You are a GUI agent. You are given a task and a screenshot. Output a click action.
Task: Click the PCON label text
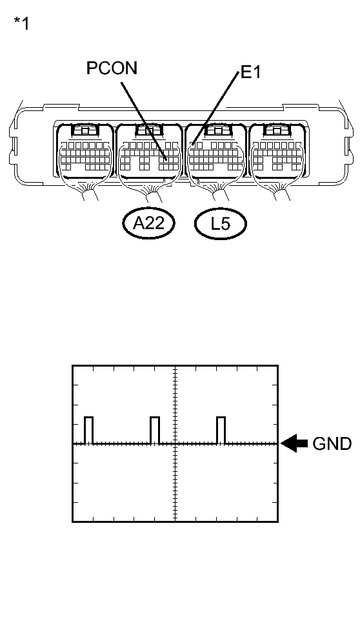112,68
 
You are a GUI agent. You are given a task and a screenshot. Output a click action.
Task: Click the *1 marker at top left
21,25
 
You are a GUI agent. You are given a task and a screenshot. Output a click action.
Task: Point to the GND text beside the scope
332,444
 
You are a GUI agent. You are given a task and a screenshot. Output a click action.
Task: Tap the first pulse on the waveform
88,431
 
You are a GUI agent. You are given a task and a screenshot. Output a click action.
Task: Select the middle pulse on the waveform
154,431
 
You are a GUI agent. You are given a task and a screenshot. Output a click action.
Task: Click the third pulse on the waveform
221,431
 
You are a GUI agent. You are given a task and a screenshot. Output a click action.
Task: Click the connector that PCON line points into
149,155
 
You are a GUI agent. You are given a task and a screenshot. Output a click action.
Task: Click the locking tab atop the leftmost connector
84,130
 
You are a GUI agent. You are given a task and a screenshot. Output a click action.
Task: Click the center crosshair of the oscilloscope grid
175,444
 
